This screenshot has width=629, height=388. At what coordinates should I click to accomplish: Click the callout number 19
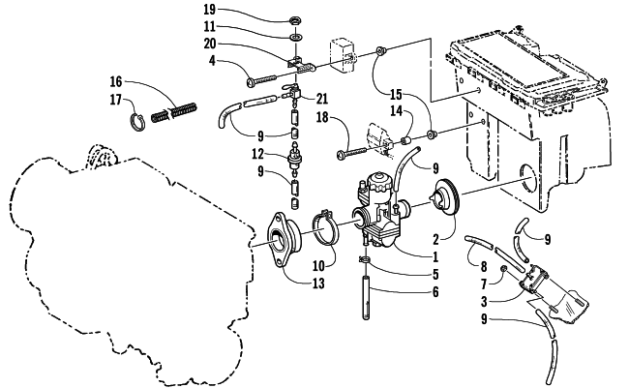(210, 9)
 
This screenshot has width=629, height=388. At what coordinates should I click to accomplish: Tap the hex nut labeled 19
(296, 20)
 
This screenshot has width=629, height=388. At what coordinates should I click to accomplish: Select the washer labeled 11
(296, 38)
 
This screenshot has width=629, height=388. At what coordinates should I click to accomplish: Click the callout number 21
(321, 99)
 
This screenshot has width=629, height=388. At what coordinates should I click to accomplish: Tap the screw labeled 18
(352, 153)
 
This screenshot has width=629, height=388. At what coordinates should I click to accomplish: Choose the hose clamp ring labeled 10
(325, 226)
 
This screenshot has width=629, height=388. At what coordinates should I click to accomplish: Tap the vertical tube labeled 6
(366, 297)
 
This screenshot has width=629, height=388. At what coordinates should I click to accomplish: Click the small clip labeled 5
(364, 260)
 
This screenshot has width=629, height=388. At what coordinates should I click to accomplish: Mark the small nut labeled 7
(502, 269)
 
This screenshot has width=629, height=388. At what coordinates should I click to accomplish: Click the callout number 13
(318, 284)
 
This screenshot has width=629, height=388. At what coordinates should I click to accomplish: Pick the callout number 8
(484, 266)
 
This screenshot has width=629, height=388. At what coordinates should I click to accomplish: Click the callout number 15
(396, 95)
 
